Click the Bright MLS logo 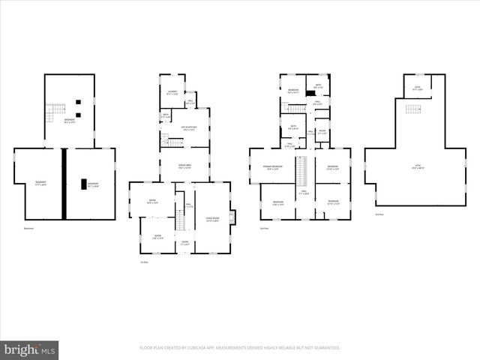tap(31, 349)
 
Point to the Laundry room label tap(172, 92)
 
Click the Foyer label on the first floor tap(184, 242)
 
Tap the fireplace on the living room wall tap(232, 217)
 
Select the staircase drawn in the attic tap(412, 109)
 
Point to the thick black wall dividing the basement tap(65, 184)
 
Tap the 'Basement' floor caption tap(29, 228)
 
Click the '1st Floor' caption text tap(144, 262)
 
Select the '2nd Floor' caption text tap(264, 228)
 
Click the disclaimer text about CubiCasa tap(240, 348)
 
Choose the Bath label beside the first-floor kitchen tap(166, 115)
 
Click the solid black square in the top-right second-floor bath tap(310, 92)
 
